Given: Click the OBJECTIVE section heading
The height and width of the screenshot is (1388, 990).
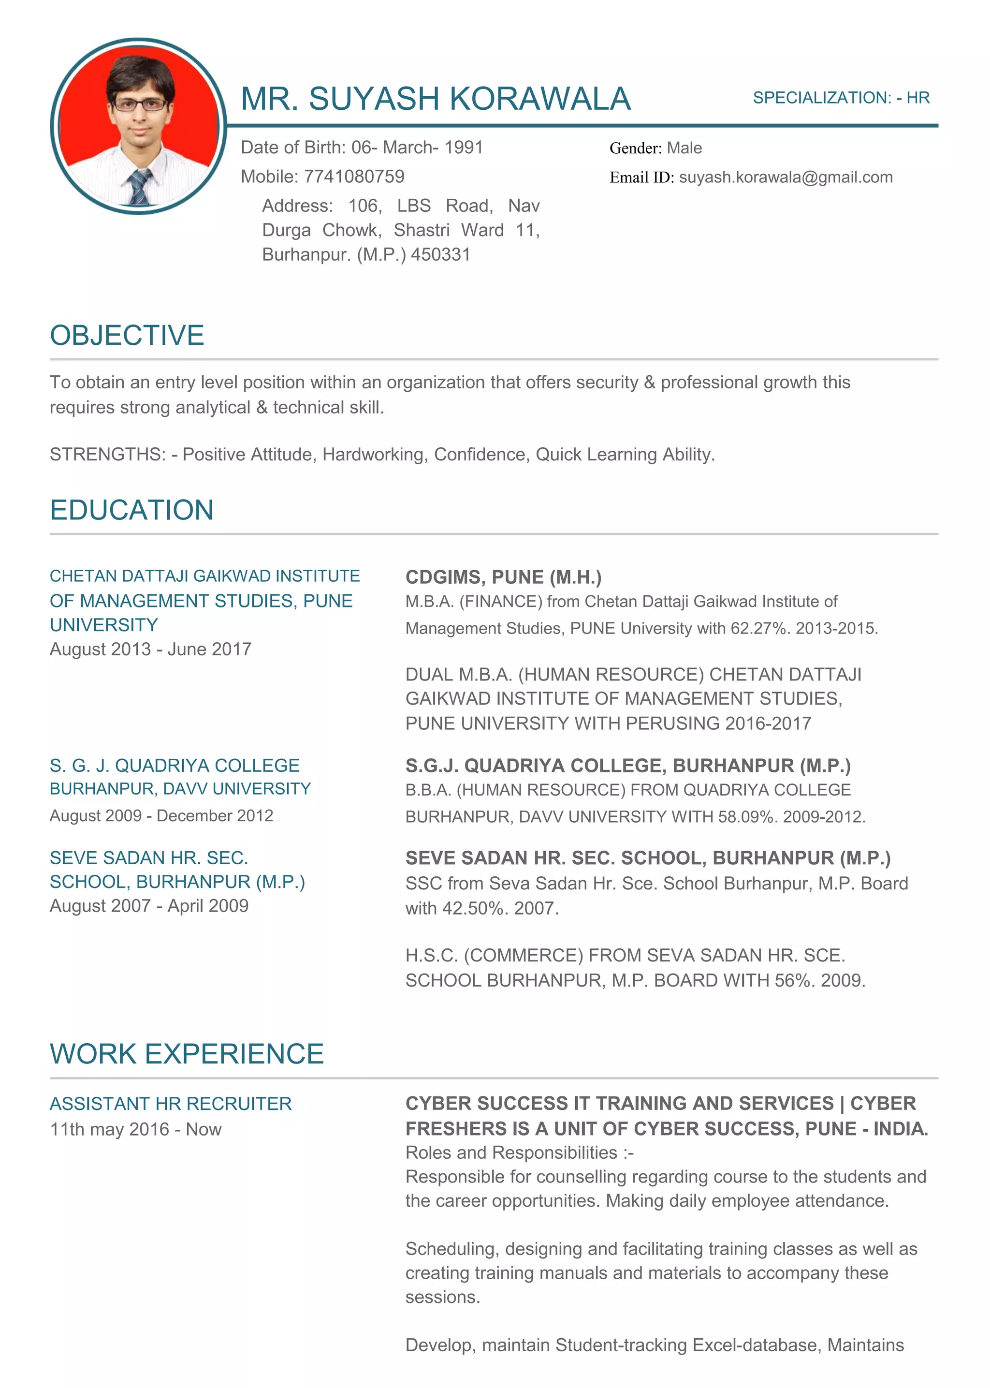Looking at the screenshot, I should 127,336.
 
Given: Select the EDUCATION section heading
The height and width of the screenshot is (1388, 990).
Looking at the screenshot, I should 131,510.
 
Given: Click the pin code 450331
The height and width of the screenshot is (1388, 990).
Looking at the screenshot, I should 440,255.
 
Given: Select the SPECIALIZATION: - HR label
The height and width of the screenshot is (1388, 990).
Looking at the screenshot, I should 841,98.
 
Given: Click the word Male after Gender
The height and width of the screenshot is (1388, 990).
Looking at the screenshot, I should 684,148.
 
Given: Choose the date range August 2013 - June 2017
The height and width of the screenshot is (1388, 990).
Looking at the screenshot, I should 150,650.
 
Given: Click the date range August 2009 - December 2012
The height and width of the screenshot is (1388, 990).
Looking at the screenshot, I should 161,816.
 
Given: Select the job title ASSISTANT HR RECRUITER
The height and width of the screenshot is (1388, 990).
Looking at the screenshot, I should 171,1104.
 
